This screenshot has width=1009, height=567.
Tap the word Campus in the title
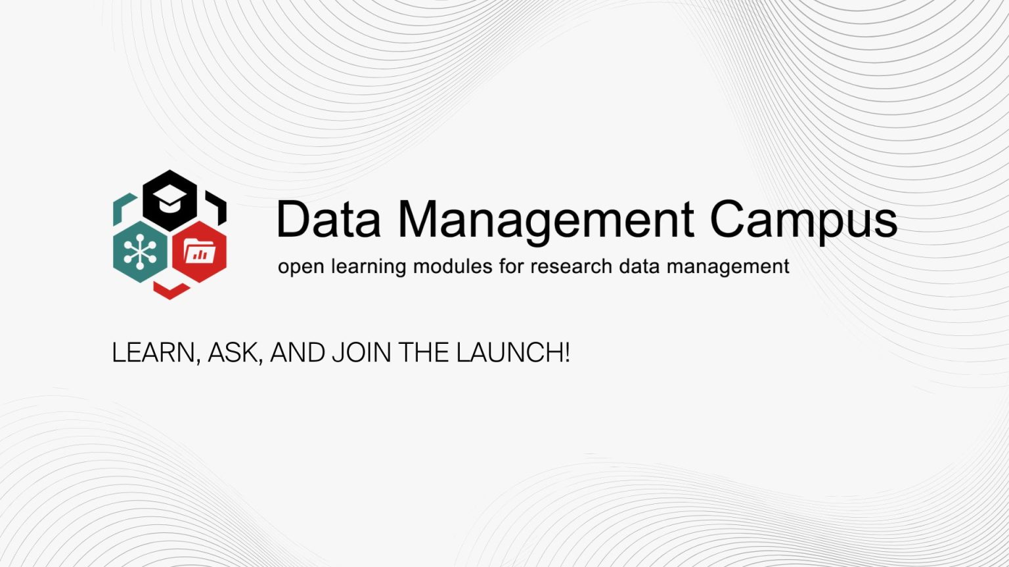click(x=803, y=222)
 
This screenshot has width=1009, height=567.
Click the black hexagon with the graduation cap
click(x=170, y=201)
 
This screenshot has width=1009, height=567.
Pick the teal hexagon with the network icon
click(x=141, y=252)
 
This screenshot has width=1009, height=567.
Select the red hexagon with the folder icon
click(x=199, y=252)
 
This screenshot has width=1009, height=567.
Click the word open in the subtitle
click(x=301, y=267)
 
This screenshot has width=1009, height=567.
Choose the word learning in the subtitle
click(x=369, y=267)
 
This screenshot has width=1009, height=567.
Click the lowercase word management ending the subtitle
click(x=728, y=267)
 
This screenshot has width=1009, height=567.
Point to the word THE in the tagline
click(x=424, y=352)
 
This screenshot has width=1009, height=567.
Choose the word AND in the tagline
click(x=298, y=352)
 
